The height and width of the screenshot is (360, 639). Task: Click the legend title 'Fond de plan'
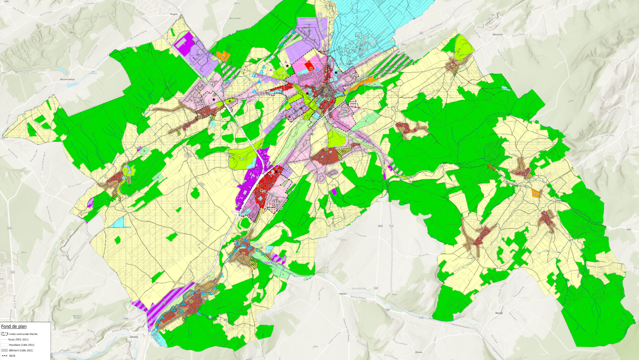point(14,326)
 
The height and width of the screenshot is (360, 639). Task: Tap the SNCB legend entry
point(12,356)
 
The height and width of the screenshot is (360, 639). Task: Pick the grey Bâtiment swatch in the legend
point(5,350)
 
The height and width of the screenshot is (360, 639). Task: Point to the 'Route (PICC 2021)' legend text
point(18,340)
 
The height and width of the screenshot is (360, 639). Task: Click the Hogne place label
point(174,14)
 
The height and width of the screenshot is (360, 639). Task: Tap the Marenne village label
point(497,35)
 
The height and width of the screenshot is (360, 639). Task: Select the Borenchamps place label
point(67,79)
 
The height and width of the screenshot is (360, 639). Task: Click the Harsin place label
point(342,294)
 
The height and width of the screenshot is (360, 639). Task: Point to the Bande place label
point(499,313)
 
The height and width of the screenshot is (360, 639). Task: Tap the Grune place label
point(419,352)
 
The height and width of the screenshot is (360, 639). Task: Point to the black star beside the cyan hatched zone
point(336,73)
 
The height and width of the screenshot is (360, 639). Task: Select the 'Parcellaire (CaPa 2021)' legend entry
point(21,345)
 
